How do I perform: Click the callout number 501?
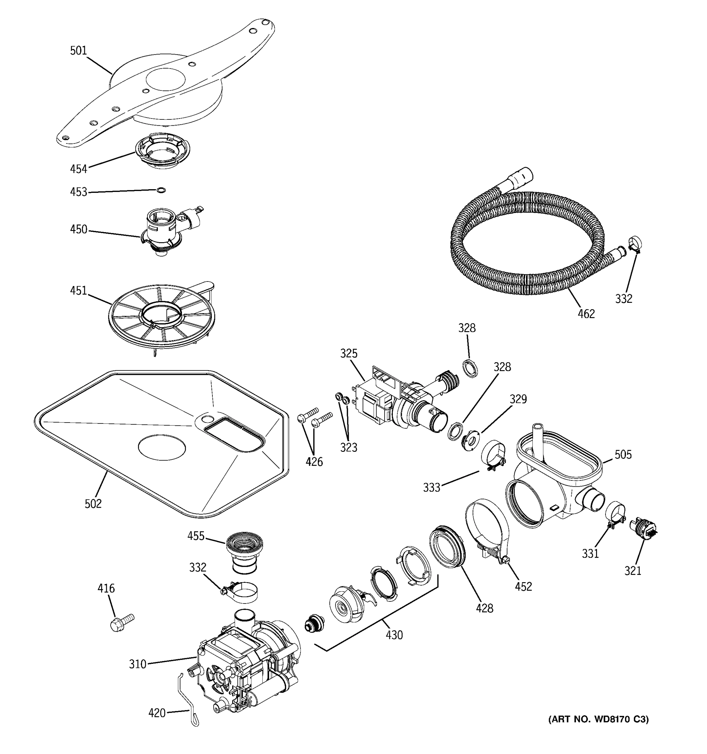[x=79, y=51]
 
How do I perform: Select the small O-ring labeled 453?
[x=161, y=190]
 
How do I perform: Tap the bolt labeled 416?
[x=121, y=622]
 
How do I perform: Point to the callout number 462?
[x=586, y=314]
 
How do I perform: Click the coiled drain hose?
[x=527, y=243]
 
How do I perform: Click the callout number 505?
[x=623, y=454]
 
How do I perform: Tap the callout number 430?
[x=394, y=635]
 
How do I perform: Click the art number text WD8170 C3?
[x=599, y=719]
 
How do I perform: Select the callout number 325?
[x=348, y=353]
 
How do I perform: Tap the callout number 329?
[x=518, y=399]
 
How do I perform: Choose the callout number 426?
[x=314, y=462]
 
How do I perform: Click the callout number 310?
[x=137, y=664]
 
